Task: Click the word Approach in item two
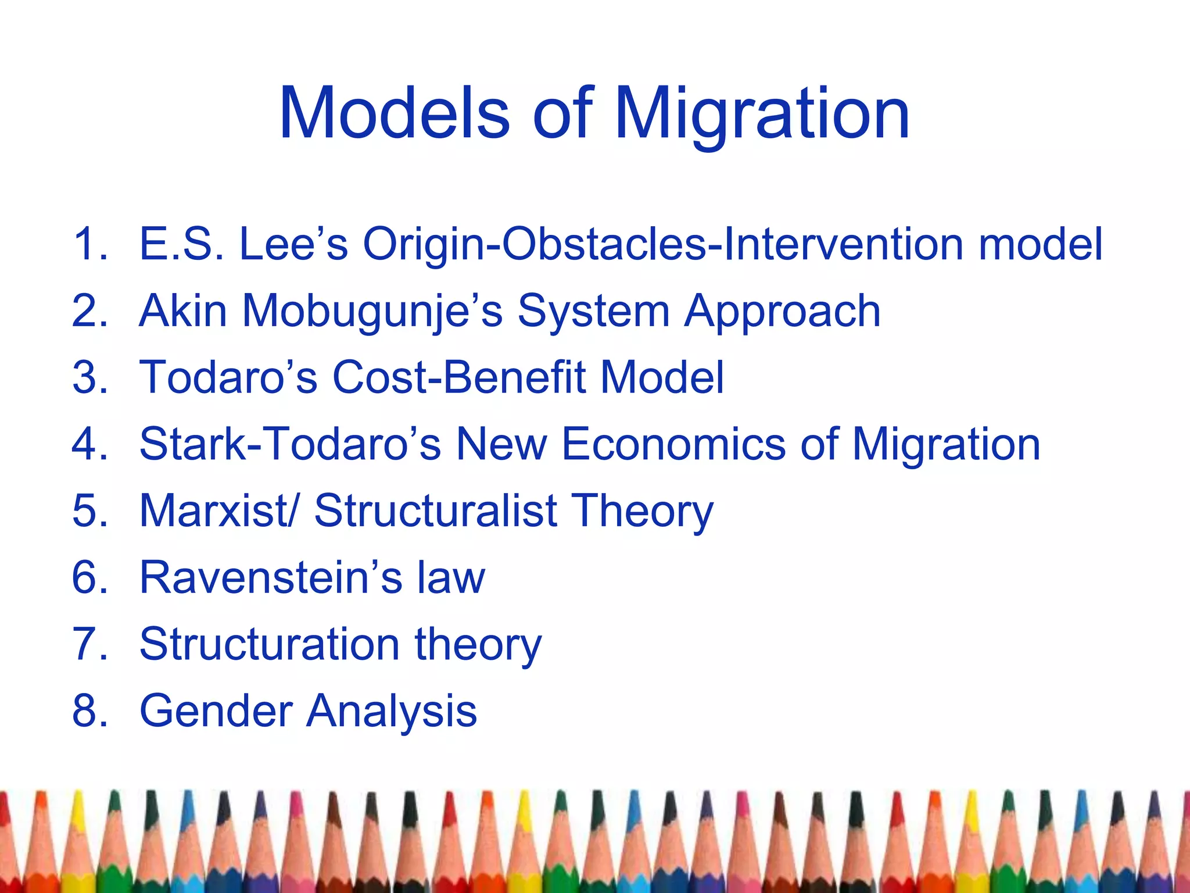pyautogui.click(x=782, y=311)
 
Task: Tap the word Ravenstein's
pyautogui.click(x=271, y=578)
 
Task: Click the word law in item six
pyautogui.click(x=450, y=578)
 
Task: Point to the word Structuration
pyautogui.click(x=270, y=645)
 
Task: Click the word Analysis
pyautogui.click(x=392, y=712)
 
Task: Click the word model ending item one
pyautogui.click(x=1040, y=244)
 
